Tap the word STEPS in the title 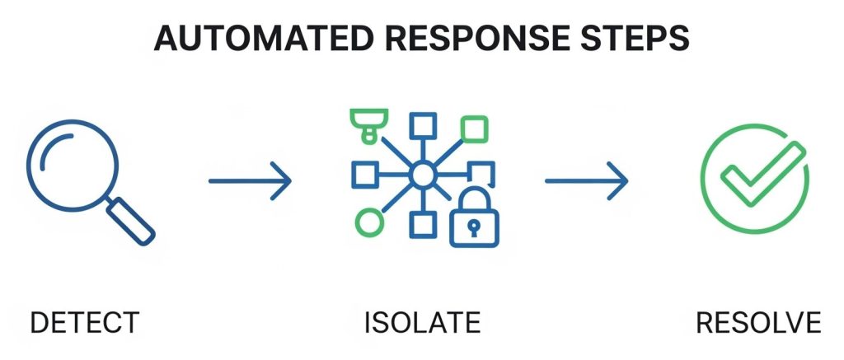tap(635, 38)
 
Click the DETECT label tap(85, 324)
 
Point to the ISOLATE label tap(422, 324)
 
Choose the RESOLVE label tap(758, 324)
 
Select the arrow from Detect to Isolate tap(250, 180)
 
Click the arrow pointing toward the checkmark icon tap(586, 180)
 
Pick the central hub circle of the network tap(422, 175)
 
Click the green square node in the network tap(473, 130)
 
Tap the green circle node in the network tap(369, 222)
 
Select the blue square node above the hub tap(423, 124)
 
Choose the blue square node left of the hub tap(363, 174)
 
